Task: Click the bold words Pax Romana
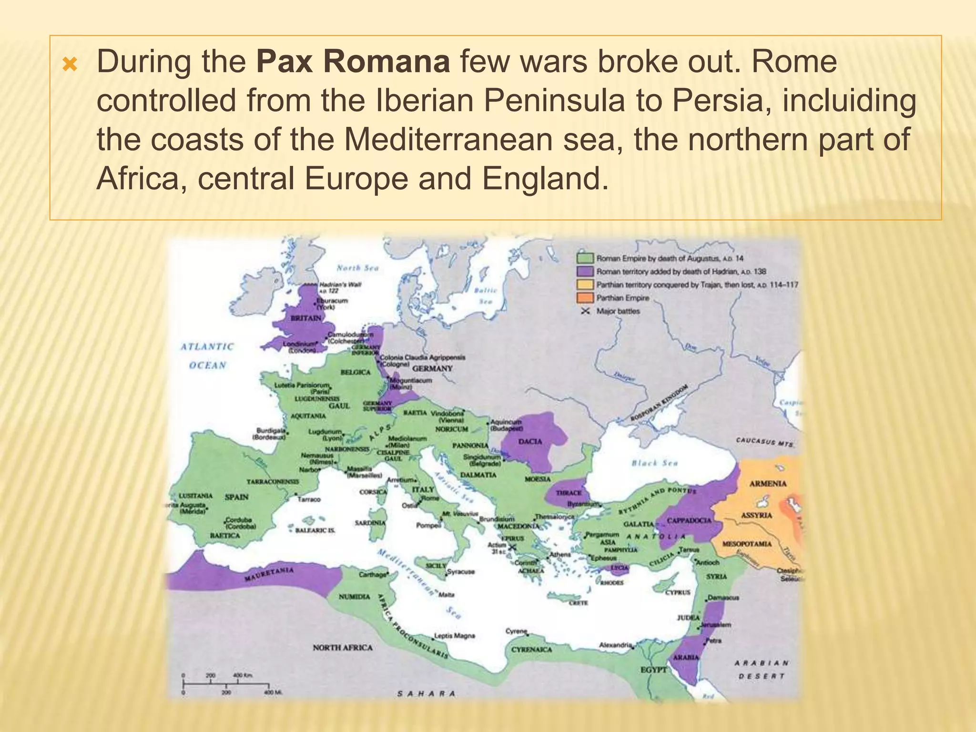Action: tap(353, 62)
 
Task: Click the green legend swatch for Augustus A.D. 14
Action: tap(585, 258)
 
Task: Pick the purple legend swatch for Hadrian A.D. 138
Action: tap(585, 272)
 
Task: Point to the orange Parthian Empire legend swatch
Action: tap(585, 298)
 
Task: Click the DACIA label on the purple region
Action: tap(530, 441)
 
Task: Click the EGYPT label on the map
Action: tap(653, 670)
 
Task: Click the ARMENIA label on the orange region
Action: tap(768, 483)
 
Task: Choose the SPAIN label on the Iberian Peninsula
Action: tap(236, 497)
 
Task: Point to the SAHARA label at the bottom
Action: tap(426, 693)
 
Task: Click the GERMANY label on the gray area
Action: tap(432, 368)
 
